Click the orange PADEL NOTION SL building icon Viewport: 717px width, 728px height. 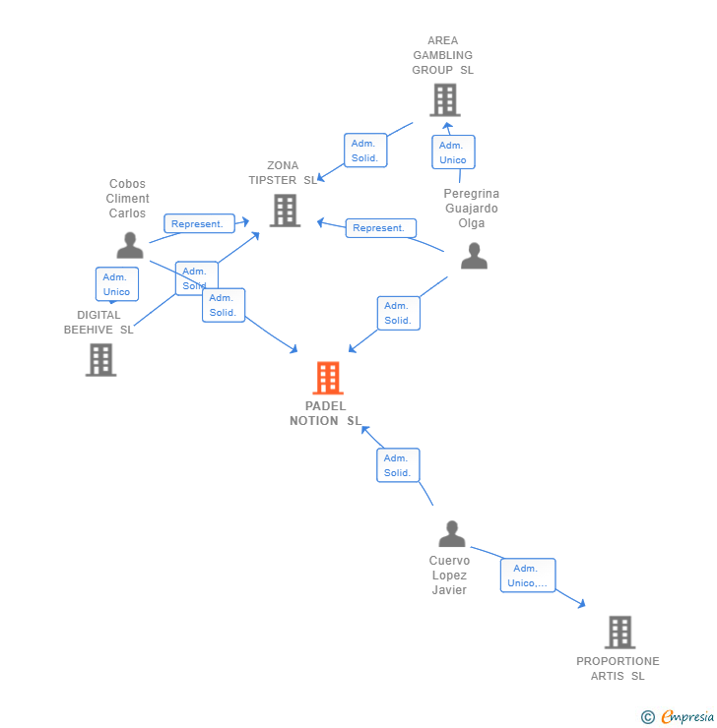click(327, 378)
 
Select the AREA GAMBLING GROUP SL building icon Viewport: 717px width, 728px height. click(444, 99)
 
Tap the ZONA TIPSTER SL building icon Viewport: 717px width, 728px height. click(285, 211)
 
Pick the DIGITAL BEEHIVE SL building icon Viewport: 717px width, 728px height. click(100, 359)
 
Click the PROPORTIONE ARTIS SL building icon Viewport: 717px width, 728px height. click(619, 632)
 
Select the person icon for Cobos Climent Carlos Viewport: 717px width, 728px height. click(129, 245)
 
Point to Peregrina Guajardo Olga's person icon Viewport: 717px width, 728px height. click(474, 256)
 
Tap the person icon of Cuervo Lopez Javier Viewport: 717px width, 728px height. click(452, 534)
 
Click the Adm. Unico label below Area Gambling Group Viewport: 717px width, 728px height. click(453, 152)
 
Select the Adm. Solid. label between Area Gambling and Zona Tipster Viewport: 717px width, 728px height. click(364, 151)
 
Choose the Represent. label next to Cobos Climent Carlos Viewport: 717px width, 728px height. click(199, 223)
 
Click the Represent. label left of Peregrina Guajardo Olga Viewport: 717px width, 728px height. click(380, 228)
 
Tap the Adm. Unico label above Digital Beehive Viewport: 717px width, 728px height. click(116, 284)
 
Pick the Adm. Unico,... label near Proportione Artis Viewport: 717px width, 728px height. click(528, 576)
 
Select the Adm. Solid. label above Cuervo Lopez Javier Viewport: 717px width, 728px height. click(398, 465)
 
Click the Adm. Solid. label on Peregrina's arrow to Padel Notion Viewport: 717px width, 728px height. click(398, 313)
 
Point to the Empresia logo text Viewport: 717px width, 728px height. click(687, 717)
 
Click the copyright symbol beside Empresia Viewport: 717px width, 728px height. click(648, 717)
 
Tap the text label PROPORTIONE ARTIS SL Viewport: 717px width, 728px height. click(618, 668)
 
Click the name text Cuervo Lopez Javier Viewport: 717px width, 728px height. click(449, 576)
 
